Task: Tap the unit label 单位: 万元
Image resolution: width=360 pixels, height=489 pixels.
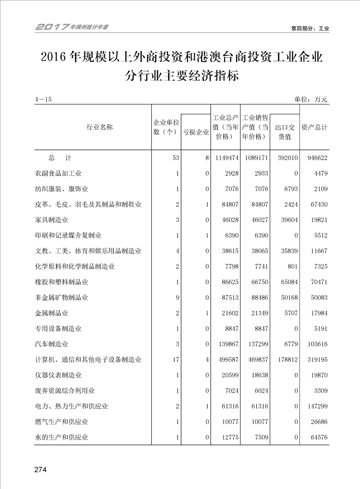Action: point(311,99)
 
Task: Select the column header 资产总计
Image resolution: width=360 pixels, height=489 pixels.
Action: point(314,128)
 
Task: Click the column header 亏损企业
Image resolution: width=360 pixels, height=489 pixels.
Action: point(196,132)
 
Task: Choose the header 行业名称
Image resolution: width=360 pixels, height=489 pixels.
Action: point(99,127)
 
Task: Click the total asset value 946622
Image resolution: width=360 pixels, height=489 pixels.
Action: point(317,158)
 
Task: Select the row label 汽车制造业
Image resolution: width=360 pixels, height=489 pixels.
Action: point(52,344)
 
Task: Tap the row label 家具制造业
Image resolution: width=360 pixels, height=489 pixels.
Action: point(52,220)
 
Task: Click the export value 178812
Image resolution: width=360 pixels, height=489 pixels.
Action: point(286,360)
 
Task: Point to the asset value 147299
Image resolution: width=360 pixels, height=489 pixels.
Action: point(317,406)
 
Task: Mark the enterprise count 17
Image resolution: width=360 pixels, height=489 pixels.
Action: point(176,360)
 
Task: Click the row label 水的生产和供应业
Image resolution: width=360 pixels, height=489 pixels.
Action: point(61,437)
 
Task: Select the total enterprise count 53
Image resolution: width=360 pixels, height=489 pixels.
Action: point(176,158)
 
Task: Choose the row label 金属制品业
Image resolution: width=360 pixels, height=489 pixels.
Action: point(52,313)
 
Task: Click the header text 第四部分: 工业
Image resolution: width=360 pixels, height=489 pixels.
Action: point(310,28)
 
